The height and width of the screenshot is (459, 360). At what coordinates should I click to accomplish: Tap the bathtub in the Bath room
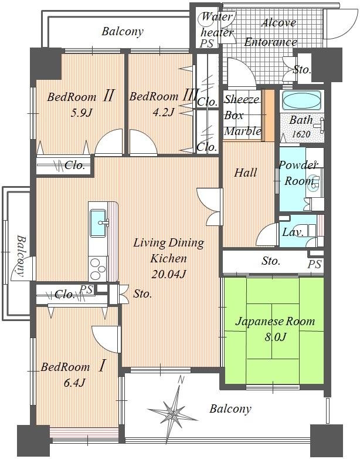301,101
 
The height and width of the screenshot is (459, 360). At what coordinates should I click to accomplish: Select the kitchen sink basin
98,223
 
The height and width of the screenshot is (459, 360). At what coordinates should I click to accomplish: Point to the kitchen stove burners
98,269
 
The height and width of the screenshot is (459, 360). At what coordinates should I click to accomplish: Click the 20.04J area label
169,274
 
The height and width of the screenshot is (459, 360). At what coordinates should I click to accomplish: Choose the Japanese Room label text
275,322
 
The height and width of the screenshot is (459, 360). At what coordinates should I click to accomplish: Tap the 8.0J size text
275,338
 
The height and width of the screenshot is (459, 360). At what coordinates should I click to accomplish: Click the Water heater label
217,25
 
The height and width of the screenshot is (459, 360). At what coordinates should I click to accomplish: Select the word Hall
246,173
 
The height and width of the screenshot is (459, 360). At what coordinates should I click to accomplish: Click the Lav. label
293,232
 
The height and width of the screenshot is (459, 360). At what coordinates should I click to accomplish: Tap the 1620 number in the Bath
301,134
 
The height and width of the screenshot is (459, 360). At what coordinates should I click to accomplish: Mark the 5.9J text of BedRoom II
81,113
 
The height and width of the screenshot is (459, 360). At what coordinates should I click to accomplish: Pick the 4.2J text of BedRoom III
163,112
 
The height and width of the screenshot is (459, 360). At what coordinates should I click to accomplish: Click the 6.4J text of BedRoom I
74,383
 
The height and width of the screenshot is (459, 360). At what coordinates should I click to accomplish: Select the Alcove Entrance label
271,32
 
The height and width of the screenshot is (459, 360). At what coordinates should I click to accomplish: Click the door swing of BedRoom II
109,142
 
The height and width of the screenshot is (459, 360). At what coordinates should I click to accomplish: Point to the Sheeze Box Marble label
242,115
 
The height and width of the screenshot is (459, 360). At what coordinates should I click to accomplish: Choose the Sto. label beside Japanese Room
271,261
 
